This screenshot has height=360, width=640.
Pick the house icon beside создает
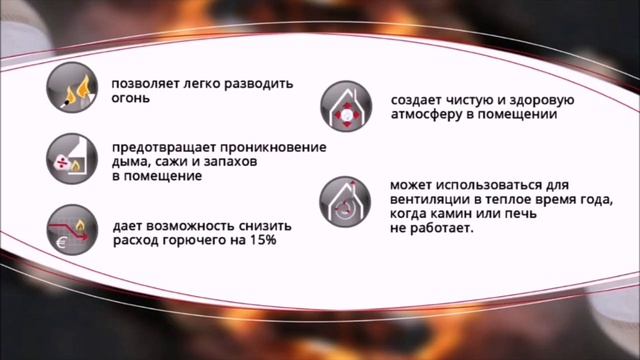[345, 108]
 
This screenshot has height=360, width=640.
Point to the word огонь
[130, 99]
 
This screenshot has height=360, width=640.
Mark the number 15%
[263, 241]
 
